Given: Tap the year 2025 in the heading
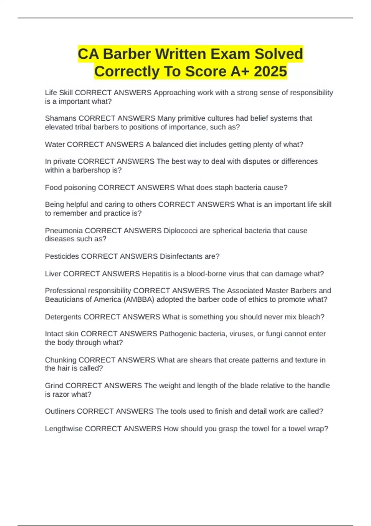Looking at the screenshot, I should click(271, 71).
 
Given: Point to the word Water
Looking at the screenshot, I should click(55, 144).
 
